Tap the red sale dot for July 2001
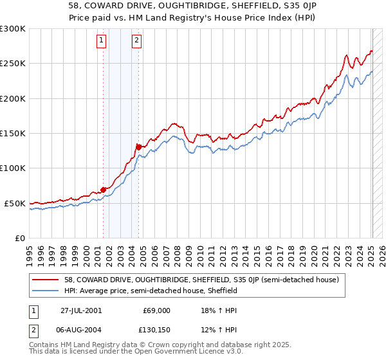[103, 190]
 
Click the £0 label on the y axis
[20, 238]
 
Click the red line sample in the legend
[46, 280]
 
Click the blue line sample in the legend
[46, 291]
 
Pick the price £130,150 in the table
[152, 330]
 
